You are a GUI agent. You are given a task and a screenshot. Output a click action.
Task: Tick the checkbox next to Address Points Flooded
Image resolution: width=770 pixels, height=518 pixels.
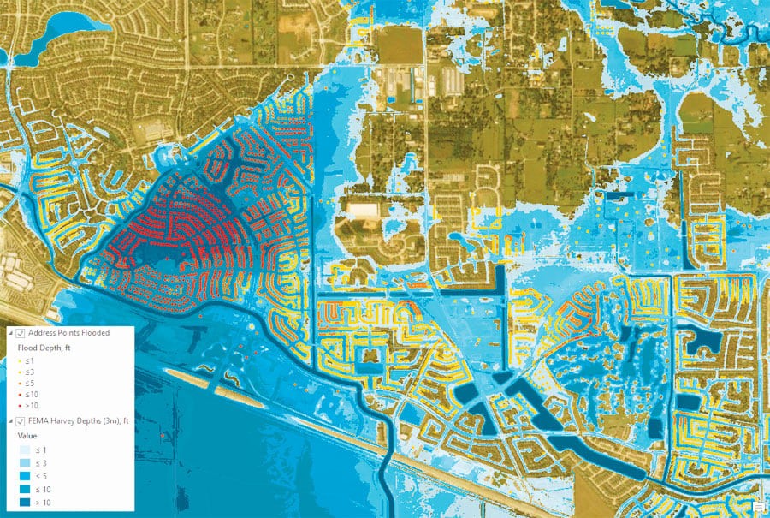coord(21,333)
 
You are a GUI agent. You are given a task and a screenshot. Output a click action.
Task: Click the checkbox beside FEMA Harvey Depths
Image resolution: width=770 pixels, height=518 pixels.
coord(21,420)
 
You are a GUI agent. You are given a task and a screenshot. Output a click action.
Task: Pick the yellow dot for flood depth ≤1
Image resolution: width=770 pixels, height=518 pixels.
coord(20,361)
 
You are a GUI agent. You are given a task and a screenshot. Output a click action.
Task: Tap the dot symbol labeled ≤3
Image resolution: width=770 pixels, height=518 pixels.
coord(20,372)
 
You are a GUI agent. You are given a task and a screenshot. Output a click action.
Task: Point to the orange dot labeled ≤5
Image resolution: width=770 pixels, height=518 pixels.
coord(20,384)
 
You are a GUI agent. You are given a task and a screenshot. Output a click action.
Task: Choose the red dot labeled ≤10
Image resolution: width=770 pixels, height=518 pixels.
coord(20,395)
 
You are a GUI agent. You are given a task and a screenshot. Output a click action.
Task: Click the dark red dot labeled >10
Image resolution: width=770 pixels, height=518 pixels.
coord(20,406)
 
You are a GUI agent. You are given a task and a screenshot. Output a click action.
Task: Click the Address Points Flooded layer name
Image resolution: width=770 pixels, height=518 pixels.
coord(68,333)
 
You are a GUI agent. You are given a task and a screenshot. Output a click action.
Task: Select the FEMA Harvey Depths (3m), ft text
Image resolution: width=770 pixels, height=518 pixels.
coord(78,420)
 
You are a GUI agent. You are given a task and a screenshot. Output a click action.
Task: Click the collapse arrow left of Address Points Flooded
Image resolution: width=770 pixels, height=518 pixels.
coord(10,333)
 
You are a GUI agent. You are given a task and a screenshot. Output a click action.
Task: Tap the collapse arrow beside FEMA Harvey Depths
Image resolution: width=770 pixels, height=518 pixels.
coord(10,420)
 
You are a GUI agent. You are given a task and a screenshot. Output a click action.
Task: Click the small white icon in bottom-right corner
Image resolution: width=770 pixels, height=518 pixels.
coord(758,508)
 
